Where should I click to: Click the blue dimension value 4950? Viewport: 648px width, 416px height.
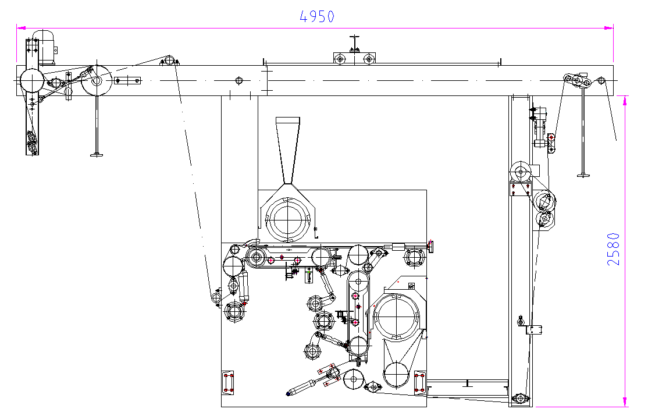(317, 16)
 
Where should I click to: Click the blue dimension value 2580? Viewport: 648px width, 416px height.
(614, 249)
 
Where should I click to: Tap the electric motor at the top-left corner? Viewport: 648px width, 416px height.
(44, 47)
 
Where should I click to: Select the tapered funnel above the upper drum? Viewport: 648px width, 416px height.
(287, 151)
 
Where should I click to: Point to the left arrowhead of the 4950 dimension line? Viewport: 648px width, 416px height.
(21, 28)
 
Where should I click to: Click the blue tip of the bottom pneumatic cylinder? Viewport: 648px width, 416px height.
(288, 394)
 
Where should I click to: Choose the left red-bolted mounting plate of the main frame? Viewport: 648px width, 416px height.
(227, 382)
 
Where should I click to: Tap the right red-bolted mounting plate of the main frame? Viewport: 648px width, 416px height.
(420, 382)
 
